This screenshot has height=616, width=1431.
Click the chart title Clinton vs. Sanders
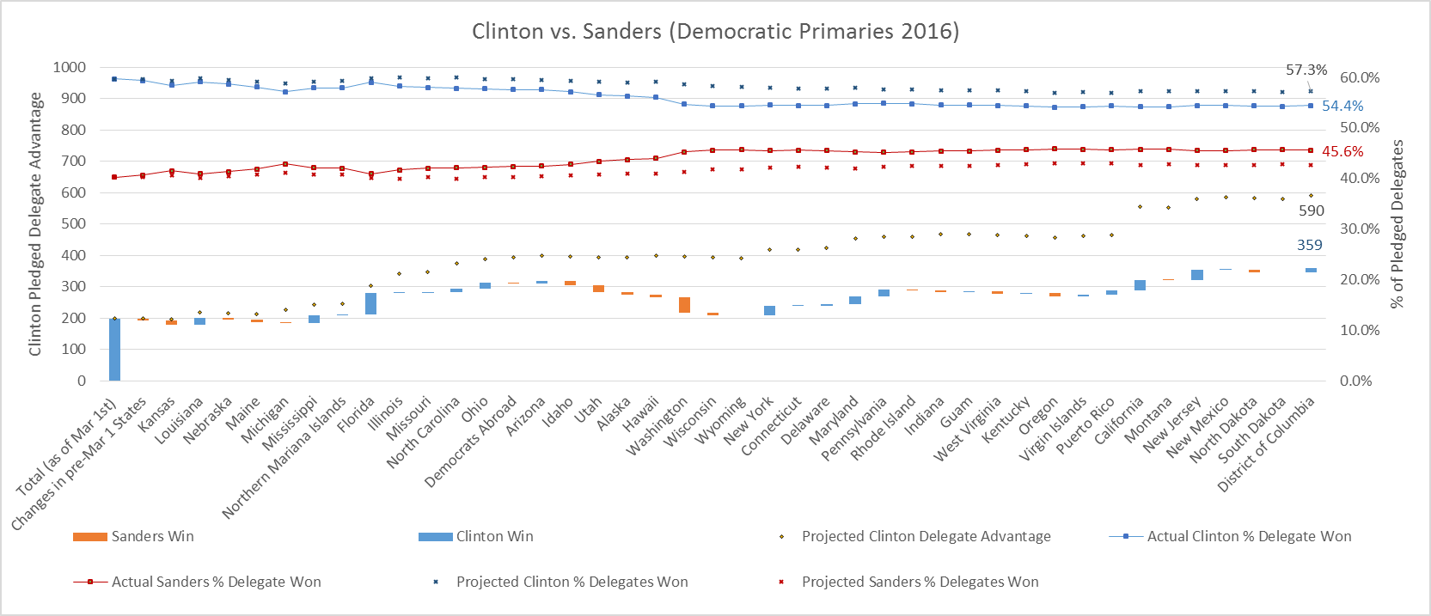tap(715, 32)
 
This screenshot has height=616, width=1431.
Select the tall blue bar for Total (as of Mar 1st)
tap(114, 349)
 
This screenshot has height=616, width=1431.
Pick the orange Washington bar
tap(684, 305)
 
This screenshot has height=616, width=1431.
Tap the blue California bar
tap(1140, 285)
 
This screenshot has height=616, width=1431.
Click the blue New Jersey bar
tap(1196, 275)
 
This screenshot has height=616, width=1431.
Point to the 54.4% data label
tap(1342, 107)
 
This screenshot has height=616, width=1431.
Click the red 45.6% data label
tap(1342, 152)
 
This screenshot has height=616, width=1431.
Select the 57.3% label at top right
tap(1306, 70)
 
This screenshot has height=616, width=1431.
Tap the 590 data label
tap(1311, 211)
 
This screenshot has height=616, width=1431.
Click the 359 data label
tap(1309, 246)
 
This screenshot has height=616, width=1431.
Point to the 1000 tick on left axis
tap(69, 67)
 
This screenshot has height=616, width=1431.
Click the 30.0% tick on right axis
tap(1359, 229)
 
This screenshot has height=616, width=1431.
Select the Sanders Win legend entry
tap(152, 537)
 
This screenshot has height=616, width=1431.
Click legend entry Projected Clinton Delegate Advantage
tap(926, 537)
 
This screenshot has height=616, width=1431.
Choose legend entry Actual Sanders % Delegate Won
tap(216, 582)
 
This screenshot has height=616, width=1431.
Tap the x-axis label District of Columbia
tap(1267, 445)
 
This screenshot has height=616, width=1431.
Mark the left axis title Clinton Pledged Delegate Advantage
tap(35, 224)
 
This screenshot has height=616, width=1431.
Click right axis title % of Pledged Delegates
tap(1397, 224)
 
